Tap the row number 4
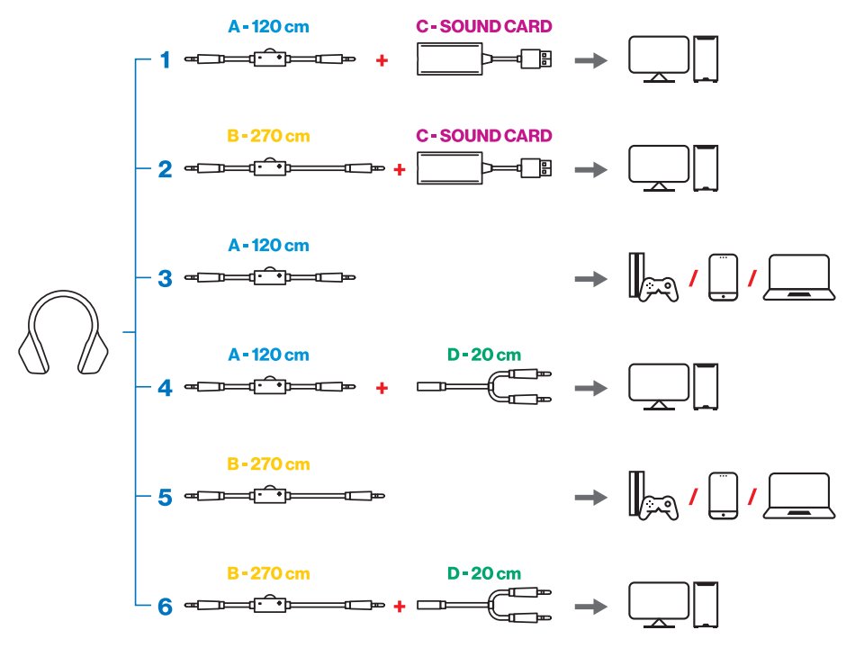(x=165, y=388)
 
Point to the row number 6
(x=165, y=606)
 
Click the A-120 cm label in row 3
(x=268, y=245)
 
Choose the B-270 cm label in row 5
(x=268, y=464)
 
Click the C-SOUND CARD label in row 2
(x=483, y=136)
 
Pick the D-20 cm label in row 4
(x=483, y=355)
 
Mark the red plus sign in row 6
(x=400, y=606)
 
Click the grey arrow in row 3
(x=589, y=279)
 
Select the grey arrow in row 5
(x=589, y=497)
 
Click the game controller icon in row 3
(x=660, y=288)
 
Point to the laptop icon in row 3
(x=796, y=278)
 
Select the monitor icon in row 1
(x=658, y=60)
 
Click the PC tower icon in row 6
(x=707, y=605)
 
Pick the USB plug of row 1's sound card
(x=539, y=60)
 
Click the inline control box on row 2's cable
(x=270, y=168)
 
